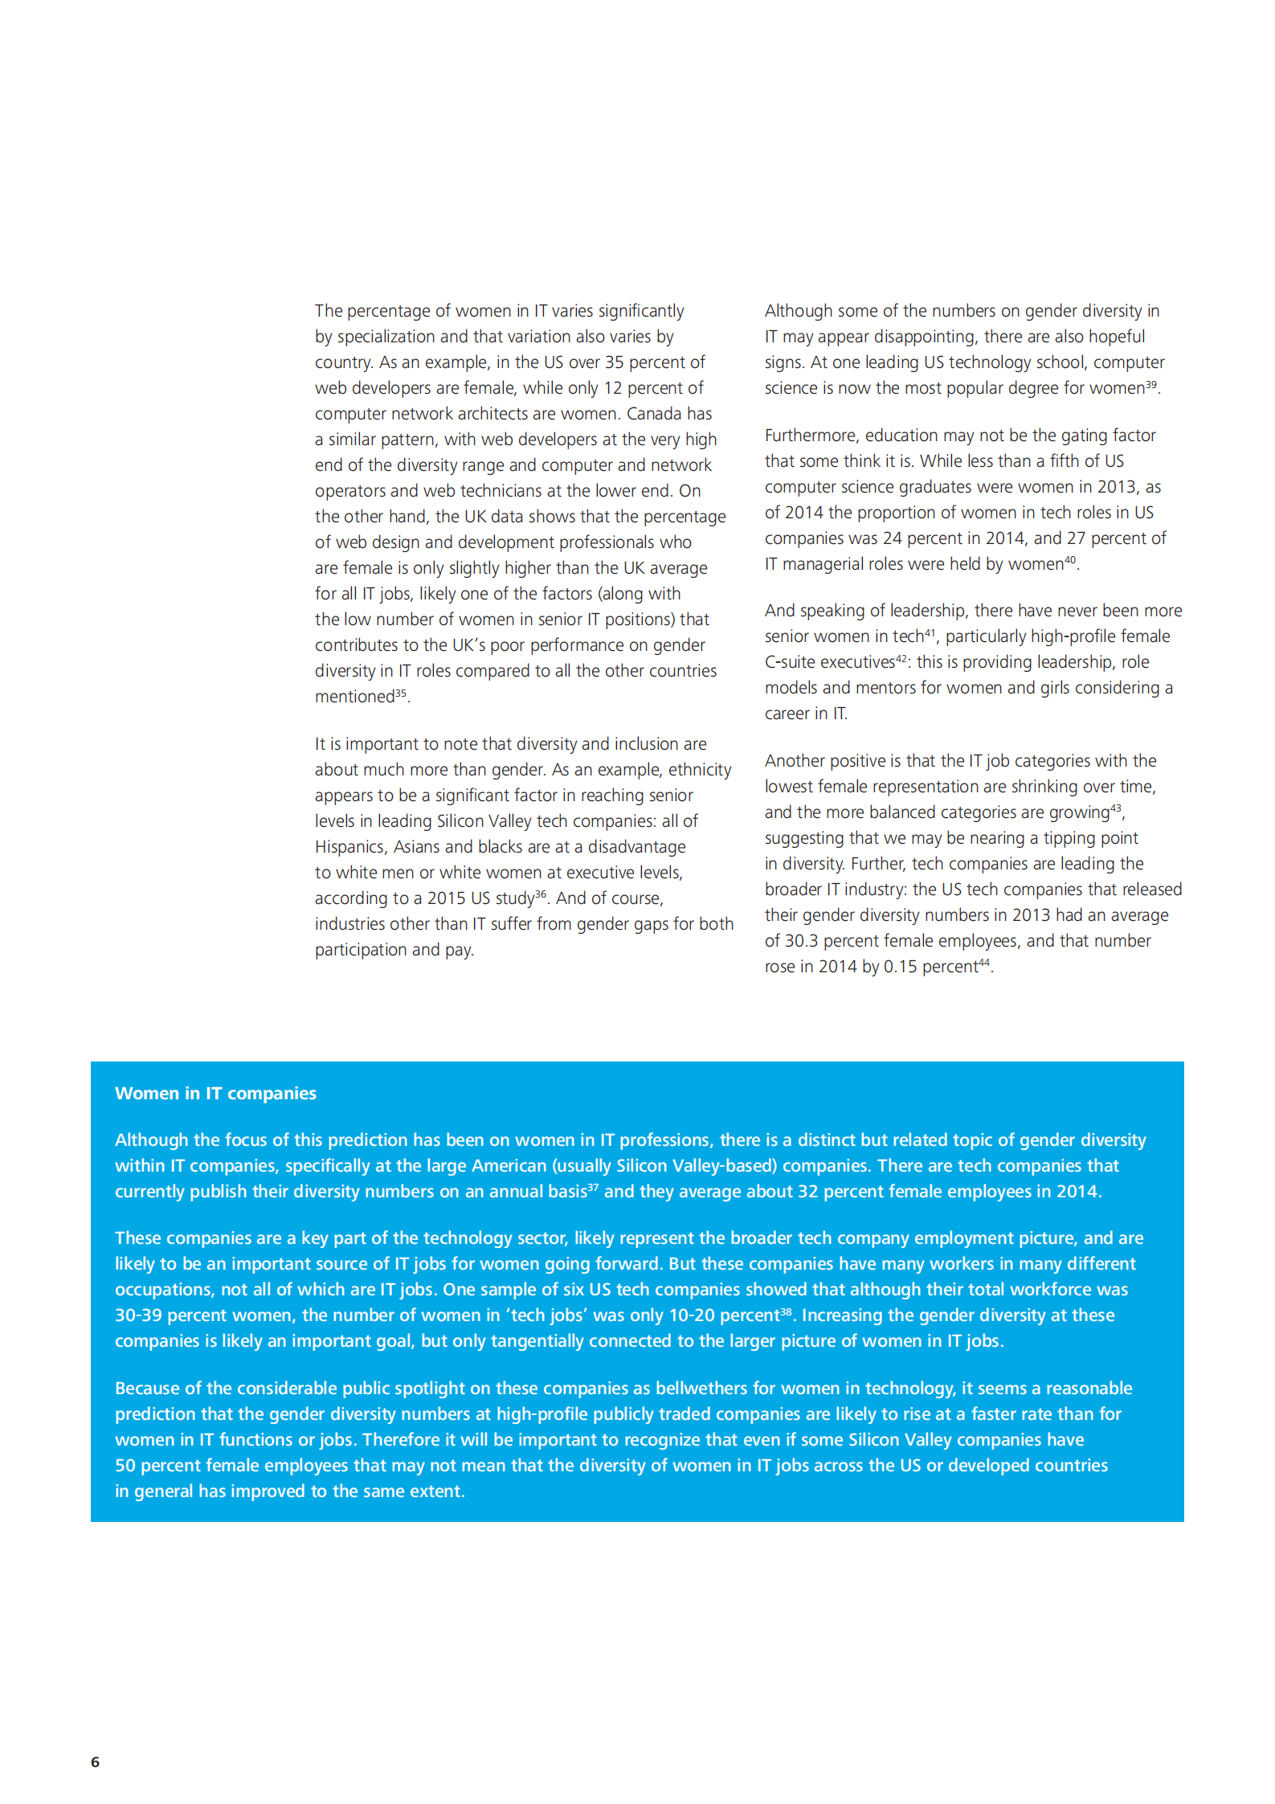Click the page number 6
click(95, 1761)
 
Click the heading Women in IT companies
click(215, 1093)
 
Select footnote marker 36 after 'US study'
click(541, 894)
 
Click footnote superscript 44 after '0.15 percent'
click(984, 962)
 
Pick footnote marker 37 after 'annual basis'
click(593, 1187)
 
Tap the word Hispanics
click(349, 847)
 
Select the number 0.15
click(900, 967)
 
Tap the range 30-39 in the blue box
click(138, 1315)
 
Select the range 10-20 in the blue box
click(692, 1315)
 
